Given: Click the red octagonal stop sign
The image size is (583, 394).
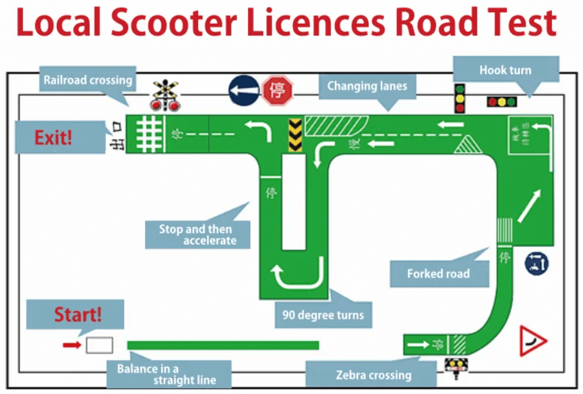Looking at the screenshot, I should point(277,90).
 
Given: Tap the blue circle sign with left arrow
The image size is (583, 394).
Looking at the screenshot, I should point(244,90).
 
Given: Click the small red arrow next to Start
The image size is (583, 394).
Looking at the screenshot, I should point(72,345).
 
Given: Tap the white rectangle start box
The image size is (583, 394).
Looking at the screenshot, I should point(99,345).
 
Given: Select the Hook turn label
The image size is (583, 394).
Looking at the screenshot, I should point(506,70).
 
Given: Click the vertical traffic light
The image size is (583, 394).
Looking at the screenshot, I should point(460,98).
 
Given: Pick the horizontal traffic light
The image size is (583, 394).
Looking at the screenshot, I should point(502,101).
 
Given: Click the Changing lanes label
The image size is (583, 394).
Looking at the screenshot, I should point(367,86).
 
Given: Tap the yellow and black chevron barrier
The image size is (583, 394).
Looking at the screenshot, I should point(295,135).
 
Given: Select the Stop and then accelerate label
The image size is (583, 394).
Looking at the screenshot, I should point(198,235).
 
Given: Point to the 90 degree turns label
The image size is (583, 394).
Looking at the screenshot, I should point(323,315).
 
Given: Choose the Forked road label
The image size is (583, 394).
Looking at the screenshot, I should point(439,274).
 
